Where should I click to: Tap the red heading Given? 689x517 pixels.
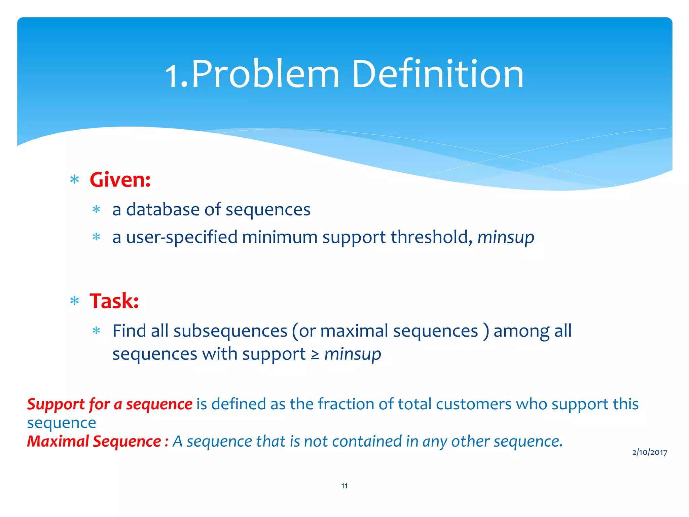point(120,180)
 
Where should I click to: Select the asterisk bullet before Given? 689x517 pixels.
point(75,180)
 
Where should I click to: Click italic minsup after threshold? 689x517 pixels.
point(506,238)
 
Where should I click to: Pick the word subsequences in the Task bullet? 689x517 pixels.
point(230,331)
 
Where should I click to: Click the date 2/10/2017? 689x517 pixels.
point(650,452)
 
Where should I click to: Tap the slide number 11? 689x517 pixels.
point(344,486)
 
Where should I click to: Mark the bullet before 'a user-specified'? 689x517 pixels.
point(97,237)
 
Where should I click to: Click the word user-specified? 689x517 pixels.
point(182,237)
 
